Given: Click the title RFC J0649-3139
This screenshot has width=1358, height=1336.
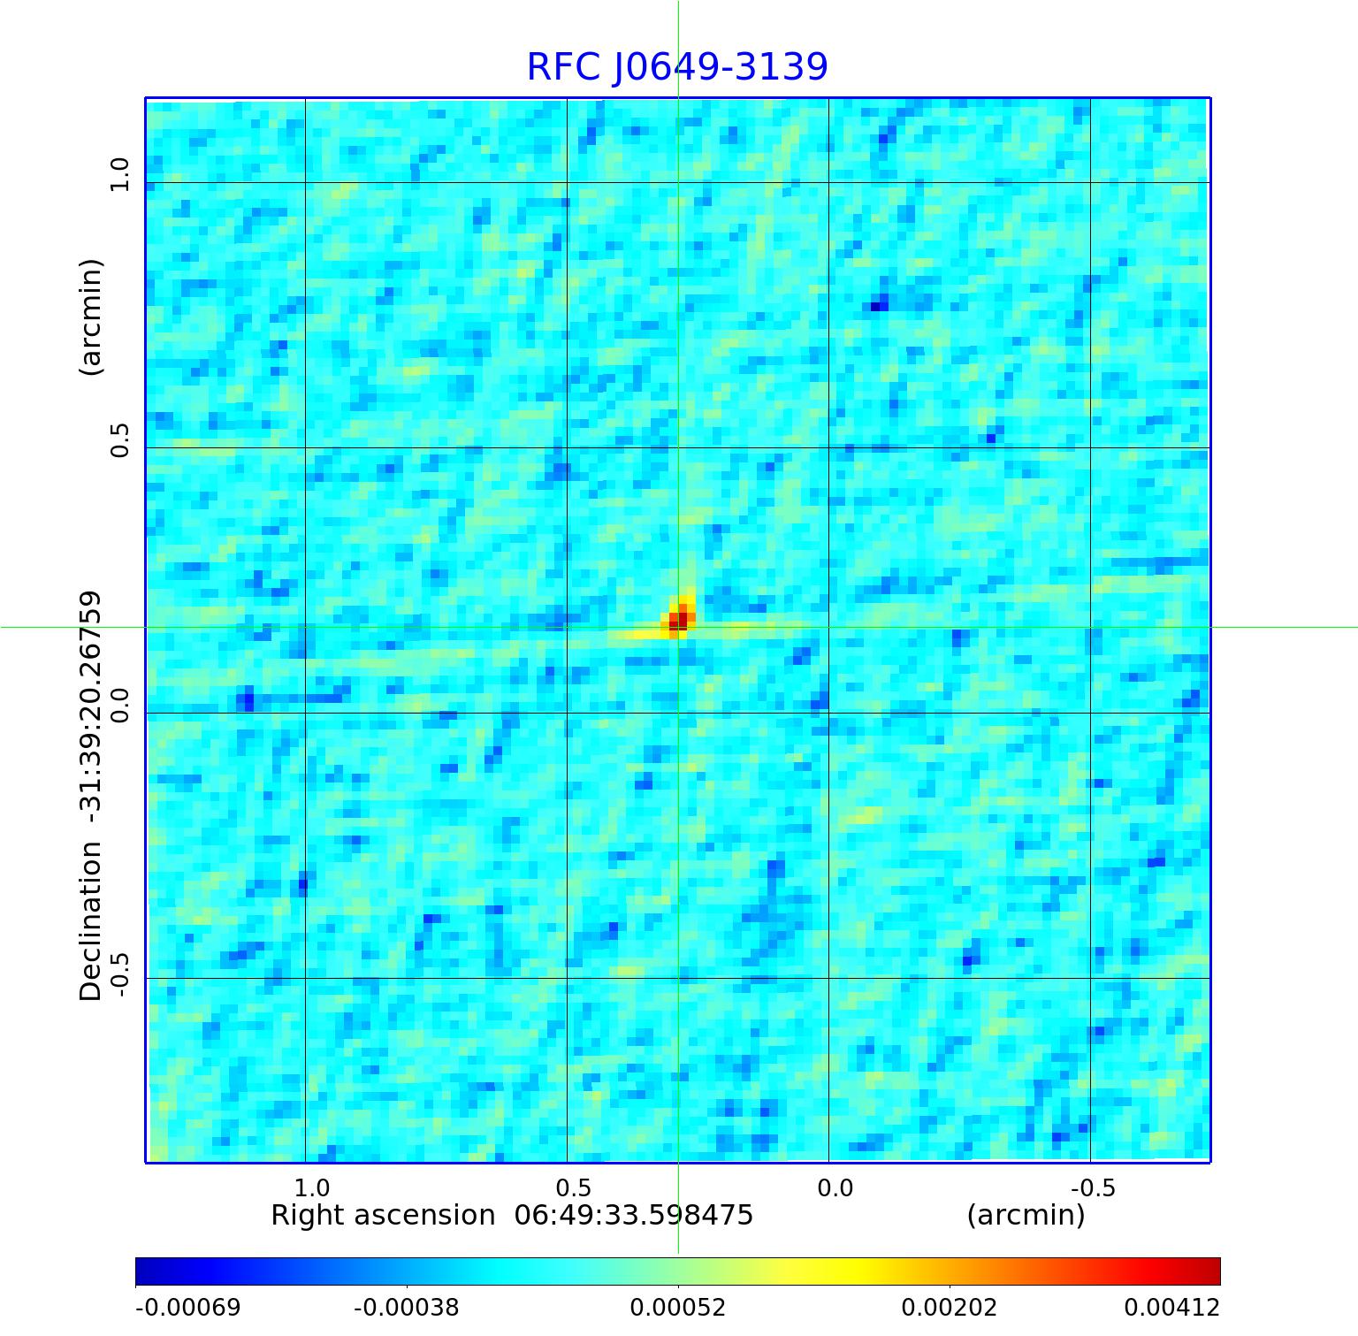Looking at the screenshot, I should click(x=677, y=67).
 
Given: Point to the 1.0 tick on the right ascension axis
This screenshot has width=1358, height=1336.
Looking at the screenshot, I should click(x=311, y=1187).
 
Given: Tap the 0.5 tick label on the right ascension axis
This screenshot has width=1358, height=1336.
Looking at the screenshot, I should click(x=573, y=1187).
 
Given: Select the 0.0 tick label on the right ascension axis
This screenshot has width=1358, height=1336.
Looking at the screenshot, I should click(x=835, y=1187).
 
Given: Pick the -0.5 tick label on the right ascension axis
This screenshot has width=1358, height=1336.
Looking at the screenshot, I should click(x=1093, y=1187).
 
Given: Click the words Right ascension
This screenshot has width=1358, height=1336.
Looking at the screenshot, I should click(x=383, y=1216).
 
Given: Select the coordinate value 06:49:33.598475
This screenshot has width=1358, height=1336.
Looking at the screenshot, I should click(x=633, y=1216).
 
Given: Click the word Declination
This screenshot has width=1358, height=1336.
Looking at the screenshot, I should click(x=91, y=921).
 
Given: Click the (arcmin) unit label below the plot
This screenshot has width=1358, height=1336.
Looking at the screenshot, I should click(x=1026, y=1216).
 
